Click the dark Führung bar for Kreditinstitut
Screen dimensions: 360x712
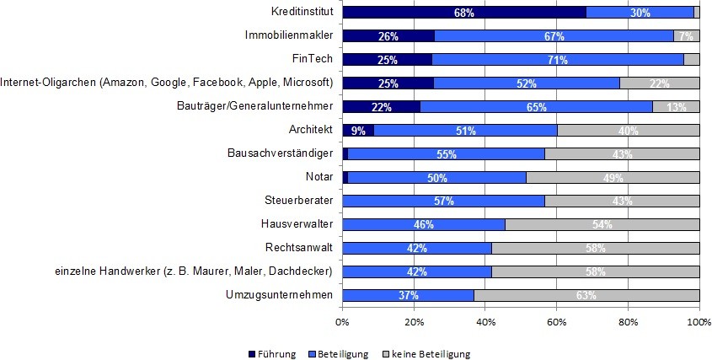[463, 13]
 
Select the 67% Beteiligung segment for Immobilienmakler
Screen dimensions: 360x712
[554, 36]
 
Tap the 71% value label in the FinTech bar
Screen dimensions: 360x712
[556, 60]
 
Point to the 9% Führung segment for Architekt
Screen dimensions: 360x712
[358, 131]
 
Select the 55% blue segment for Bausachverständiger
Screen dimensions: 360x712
[446, 154]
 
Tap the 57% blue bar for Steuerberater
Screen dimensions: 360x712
[443, 201]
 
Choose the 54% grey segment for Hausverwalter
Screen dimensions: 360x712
[602, 225]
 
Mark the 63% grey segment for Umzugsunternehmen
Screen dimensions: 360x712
[586, 296]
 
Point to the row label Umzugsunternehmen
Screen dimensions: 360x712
[280, 295]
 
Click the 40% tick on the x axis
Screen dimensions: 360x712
[485, 322]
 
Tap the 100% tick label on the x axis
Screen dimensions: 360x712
[699, 322]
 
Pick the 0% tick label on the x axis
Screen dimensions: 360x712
[342, 322]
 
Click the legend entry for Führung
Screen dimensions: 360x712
[271, 354]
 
